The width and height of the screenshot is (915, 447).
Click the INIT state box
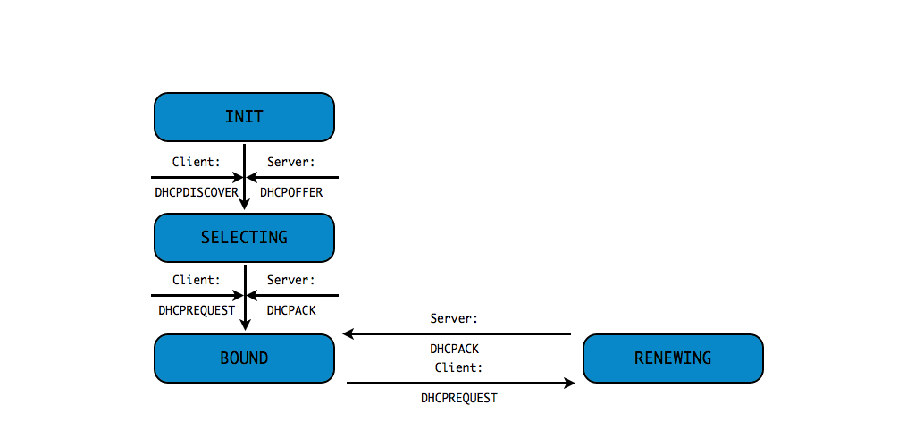point(244,117)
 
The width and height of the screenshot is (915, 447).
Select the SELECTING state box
point(244,237)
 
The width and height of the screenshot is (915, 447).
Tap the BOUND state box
point(244,358)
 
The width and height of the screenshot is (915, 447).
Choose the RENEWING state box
point(673,358)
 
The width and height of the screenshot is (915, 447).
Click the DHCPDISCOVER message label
point(197,192)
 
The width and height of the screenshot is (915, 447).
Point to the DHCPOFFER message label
point(291,192)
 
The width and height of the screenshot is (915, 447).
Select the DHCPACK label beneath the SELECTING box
point(291,310)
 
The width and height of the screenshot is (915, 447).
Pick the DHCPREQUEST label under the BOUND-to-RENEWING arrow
point(459,398)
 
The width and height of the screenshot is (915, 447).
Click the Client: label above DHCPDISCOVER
point(196,162)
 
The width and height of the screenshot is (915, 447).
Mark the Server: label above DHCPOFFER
point(291,162)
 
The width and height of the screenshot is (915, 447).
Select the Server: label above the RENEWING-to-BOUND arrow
point(454,318)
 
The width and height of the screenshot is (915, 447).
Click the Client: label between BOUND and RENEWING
point(459,367)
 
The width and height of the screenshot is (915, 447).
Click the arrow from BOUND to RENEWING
point(460,383)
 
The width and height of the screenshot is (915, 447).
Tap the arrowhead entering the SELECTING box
point(244,205)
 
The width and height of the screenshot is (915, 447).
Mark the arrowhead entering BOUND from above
point(244,325)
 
